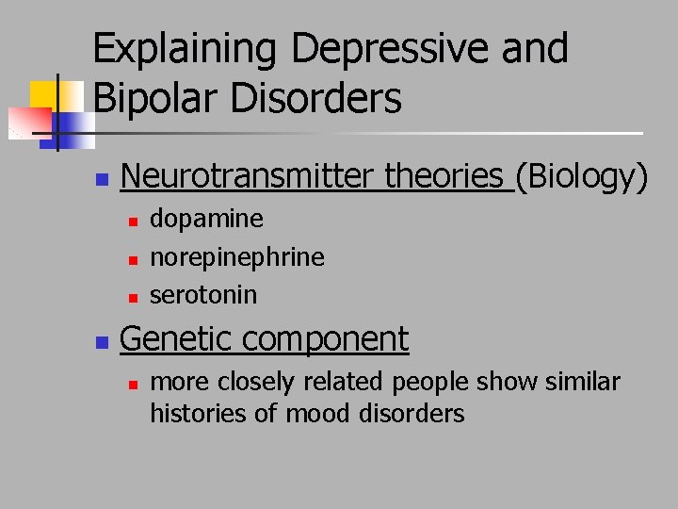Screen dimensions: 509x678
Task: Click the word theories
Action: (444, 175)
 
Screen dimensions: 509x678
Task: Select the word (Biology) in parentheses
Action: (582, 175)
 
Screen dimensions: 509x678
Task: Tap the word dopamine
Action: (207, 219)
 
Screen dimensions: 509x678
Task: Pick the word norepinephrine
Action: (237, 256)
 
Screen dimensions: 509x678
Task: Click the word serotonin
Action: (203, 294)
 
